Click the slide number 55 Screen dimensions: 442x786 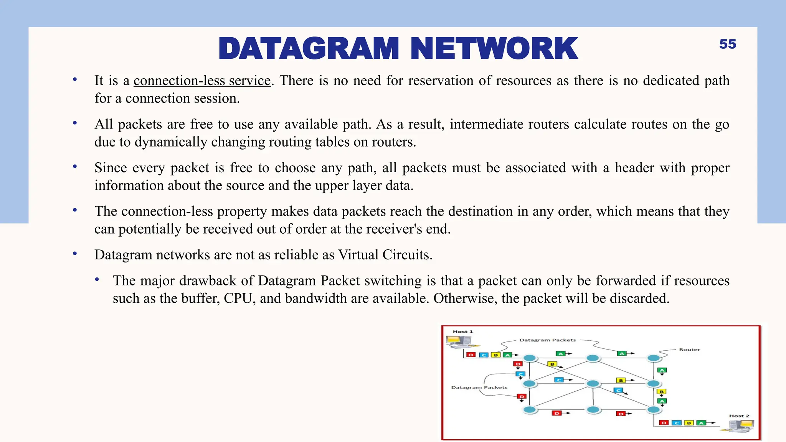(x=727, y=44)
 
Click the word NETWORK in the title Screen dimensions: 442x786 (x=494, y=49)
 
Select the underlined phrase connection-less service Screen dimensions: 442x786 (x=202, y=81)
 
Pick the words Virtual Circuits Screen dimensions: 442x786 (x=385, y=255)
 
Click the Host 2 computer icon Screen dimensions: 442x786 (x=742, y=426)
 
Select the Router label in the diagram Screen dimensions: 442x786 (x=689, y=350)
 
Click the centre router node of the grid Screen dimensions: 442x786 (x=593, y=384)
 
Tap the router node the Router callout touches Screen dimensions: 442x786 (x=654, y=358)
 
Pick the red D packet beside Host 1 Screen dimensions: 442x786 (x=471, y=355)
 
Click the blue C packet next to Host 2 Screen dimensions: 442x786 (x=677, y=423)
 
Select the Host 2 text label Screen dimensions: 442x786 (x=739, y=416)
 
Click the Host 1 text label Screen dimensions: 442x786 (x=462, y=331)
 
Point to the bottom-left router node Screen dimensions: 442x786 (x=530, y=410)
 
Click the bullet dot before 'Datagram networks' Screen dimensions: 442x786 (x=75, y=254)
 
